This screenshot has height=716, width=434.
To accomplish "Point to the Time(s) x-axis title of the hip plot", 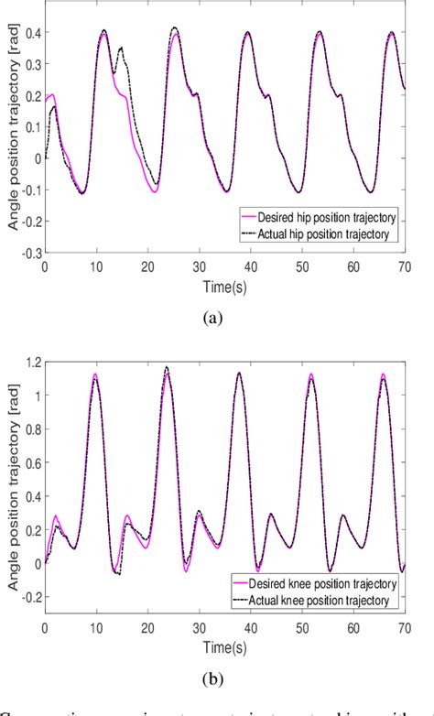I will coord(223,284).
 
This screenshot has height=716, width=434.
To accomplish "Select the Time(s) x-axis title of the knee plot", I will coord(223,648).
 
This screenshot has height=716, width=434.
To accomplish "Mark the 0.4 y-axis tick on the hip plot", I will coord(33,33).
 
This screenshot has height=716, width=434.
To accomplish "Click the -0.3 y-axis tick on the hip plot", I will coord(31,252).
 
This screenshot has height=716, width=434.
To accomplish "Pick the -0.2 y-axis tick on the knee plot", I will coord(31,596).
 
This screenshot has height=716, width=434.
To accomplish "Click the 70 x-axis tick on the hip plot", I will coord(404,265).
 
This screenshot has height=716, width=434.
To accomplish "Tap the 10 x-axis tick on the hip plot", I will coord(96,265).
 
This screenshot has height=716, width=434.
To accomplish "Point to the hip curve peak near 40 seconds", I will coord(247,33).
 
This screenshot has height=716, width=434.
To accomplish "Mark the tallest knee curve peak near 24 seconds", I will coord(166,367).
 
